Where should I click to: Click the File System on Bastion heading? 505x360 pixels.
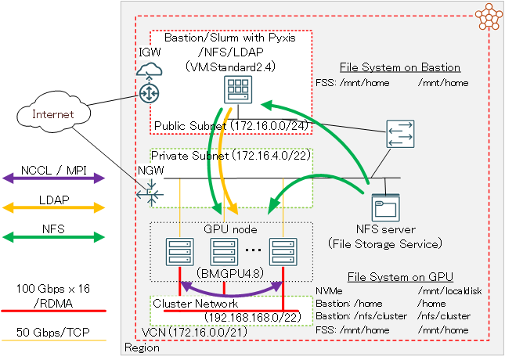point(399,67)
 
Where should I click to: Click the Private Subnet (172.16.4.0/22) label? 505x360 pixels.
point(231,156)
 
